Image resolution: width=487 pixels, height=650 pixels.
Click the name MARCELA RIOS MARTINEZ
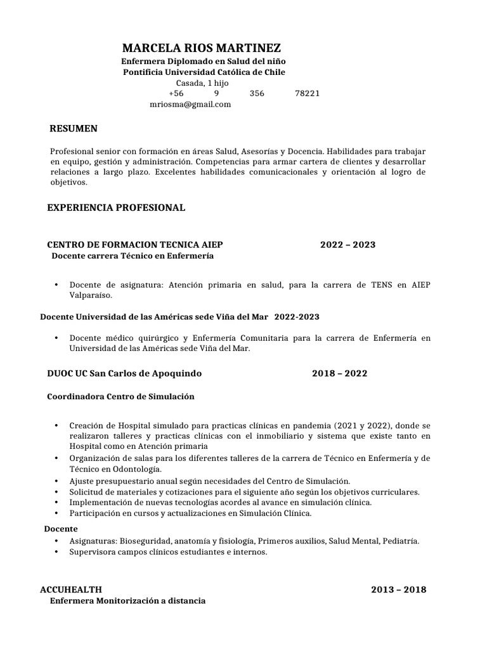200,48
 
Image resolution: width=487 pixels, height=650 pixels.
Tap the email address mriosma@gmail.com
190,104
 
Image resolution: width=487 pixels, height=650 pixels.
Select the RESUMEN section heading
74,129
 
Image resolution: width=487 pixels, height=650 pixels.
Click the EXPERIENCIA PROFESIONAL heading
116,208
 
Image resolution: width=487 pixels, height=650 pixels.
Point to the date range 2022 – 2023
347,245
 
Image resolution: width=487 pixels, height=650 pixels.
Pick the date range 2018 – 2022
339,373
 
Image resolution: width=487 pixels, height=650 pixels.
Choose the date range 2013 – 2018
399,590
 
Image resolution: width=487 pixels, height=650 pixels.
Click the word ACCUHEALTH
70,590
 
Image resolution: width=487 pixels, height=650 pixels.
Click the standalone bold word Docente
61,529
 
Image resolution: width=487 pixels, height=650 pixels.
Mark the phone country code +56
176,93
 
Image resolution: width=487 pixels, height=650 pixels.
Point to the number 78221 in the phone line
308,93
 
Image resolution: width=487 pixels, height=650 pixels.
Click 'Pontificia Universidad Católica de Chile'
204,72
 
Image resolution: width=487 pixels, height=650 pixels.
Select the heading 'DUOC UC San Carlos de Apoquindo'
124,373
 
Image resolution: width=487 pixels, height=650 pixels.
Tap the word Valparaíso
91,295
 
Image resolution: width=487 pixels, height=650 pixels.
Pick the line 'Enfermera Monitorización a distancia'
127,600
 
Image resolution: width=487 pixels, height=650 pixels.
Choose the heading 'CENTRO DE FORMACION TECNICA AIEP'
135,245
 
